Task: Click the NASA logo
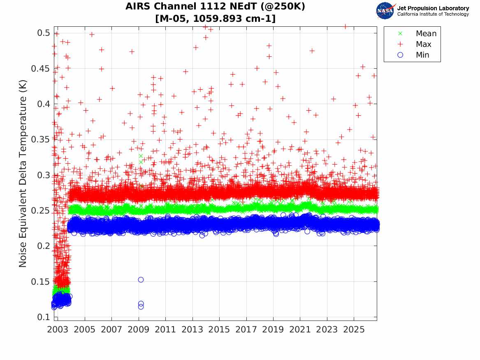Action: click(x=385, y=11)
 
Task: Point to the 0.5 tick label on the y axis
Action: click(x=44, y=33)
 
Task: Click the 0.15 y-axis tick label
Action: click(x=40, y=282)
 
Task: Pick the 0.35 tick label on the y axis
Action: click(x=40, y=139)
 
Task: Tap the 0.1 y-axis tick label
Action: click(x=44, y=317)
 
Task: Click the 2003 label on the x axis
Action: click(x=58, y=330)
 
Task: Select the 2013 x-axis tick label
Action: click(x=192, y=330)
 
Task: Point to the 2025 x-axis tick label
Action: click(x=354, y=330)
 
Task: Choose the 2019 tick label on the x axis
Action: click(x=273, y=330)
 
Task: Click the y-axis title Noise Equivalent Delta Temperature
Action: click(x=23, y=174)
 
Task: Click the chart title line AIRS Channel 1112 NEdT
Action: click(x=215, y=7)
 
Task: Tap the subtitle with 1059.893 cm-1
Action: click(x=215, y=19)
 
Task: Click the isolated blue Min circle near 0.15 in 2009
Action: click(x=141, y=279)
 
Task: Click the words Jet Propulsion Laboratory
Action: click(x=433, y=8)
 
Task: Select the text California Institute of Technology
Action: click(x=433, y=14)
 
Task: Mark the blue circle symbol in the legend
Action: click(x=400, y=55)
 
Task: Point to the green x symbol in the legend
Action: click(x=400, y=33)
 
